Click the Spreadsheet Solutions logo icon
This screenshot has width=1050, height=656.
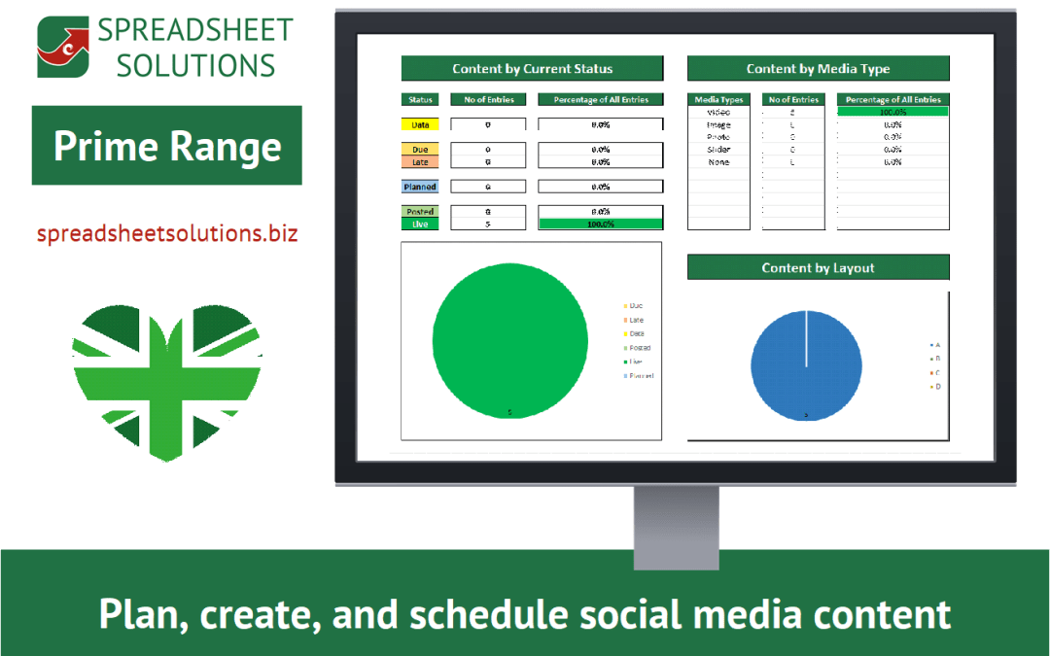pos(63,47)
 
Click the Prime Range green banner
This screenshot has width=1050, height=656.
pos(167,146)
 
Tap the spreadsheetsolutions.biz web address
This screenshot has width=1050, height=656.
pos(167,234)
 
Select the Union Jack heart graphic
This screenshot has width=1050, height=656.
pos(166,380)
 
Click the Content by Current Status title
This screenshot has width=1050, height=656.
pos(532,68)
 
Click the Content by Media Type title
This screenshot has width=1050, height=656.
pos(818,68)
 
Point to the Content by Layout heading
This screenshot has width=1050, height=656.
pos(818,267)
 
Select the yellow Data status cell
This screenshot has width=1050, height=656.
pos(420,124)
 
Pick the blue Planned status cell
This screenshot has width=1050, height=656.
pos(420,187)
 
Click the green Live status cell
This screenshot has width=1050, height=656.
pos(420,224)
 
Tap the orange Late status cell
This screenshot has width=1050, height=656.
pos(420,162)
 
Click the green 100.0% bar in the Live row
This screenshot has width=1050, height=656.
pos(600,224)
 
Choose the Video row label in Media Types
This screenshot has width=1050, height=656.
pos(718,112)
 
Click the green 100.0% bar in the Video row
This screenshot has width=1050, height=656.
pos(892,112)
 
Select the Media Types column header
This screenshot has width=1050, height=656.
pos(718,99)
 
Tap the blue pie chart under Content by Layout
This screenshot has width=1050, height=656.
pos(806,365)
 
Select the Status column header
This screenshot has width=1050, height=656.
pos(420,99)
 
